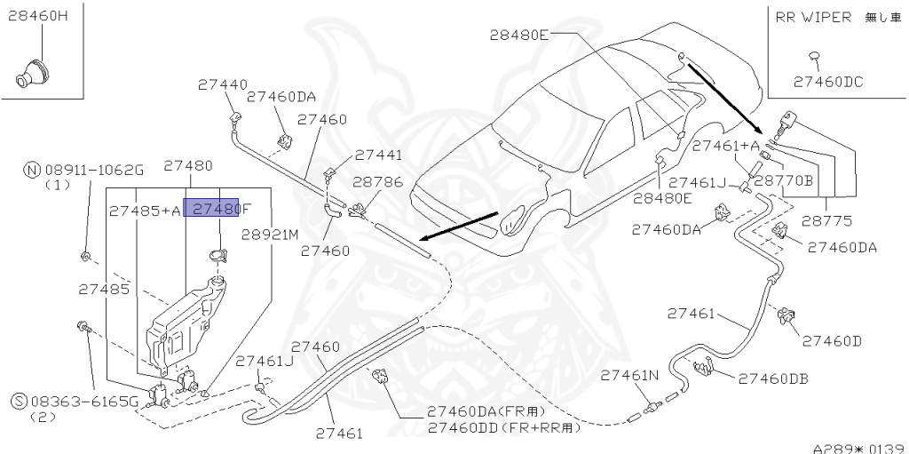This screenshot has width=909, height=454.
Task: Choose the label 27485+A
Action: (x=145, y=211)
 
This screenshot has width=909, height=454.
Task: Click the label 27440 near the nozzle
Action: (x=222, y=85)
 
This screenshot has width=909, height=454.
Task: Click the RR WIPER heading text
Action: (x=813, y=17)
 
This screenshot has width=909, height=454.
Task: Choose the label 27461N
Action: (x=631, y=376)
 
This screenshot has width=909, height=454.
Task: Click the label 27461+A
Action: (x=725, y=146)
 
